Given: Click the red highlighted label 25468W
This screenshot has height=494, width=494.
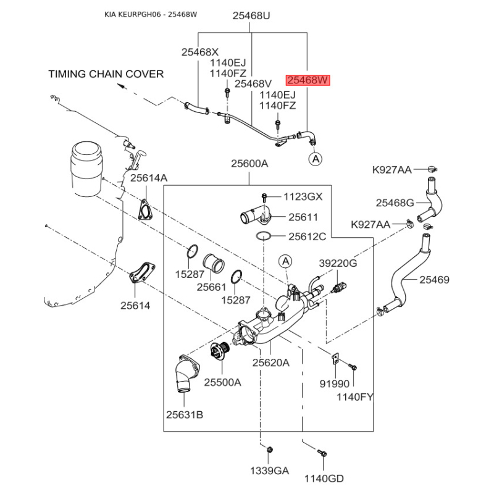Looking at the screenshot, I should point(308,81).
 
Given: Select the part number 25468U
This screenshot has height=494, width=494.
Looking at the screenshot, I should point(251,17).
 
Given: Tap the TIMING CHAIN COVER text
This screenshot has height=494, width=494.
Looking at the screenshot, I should point(106,74).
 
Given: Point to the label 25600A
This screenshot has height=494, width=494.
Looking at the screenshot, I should point(249,164).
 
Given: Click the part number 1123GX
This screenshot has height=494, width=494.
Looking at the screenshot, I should point(303,197).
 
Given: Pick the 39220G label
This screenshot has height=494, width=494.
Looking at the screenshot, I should point(338,263).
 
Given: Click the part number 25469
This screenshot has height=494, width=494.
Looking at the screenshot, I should point(435,280).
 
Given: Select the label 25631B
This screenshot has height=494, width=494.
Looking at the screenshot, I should point(184,414).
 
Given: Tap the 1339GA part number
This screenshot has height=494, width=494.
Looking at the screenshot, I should point(269,471).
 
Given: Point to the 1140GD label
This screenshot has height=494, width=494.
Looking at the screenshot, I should point(324,478).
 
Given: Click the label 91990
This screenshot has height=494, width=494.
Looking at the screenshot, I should point(333,383).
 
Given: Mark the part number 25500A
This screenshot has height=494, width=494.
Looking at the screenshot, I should point(222,382).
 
